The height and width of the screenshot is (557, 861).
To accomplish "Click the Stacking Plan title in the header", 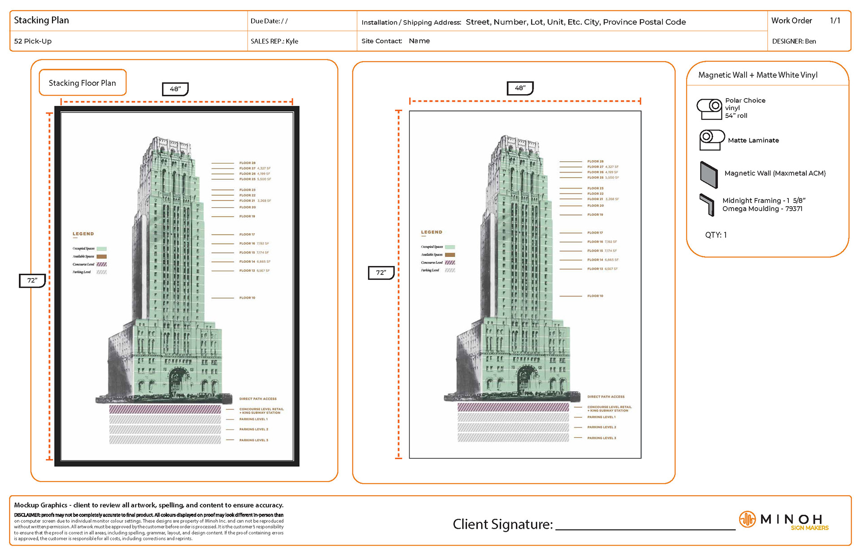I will (x=41, y=20).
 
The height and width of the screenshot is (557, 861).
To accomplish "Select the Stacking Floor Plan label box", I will (x=83, y=83).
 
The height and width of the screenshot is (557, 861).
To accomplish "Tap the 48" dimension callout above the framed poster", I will (x=175, y=89).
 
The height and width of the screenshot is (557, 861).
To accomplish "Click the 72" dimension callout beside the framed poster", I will (x=32, y=280).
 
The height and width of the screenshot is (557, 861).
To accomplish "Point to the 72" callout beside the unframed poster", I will (x=381, y=272).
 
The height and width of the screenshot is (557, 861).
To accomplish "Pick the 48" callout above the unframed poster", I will (x=520, y=88).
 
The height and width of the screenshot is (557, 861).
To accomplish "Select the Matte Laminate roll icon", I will (x=711, y=139).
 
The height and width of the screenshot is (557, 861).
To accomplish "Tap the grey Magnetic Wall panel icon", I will (x=709, y=174).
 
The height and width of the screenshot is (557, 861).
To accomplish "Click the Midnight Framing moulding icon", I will (x=707, y=205).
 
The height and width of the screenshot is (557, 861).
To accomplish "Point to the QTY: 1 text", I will (x=716, y=235).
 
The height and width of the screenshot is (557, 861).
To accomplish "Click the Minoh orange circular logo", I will (x=747, y=519).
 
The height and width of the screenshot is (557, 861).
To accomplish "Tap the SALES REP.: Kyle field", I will (x=274, y=41).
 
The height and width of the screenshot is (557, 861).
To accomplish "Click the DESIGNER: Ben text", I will (x=794, y=41).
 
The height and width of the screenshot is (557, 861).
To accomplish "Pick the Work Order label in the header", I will (x=791, y=21).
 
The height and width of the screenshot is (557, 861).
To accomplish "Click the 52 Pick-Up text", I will (x=33, y=41).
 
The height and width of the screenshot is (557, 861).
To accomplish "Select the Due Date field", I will (x=269, y=21).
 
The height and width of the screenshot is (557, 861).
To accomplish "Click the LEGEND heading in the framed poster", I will (x=83, y=234).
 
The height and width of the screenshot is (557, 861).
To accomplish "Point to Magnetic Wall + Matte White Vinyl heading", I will (x=758, y=75).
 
